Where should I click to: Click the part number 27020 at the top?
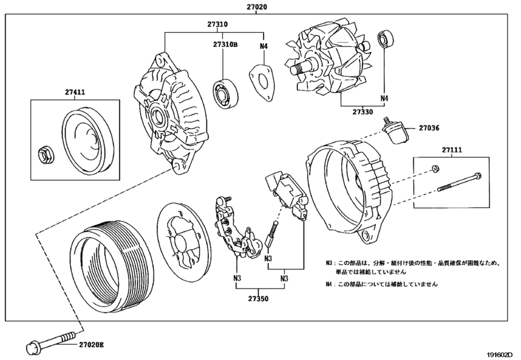click(256, 6)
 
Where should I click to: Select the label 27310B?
click(225, 44)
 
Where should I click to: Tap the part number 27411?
click(75, 92)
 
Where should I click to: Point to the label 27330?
click(362, 112)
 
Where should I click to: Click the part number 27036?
click(428, 128)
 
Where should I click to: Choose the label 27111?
click(452, 150)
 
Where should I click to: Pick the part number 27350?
click(258, 298)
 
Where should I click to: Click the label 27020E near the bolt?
click(91, 345)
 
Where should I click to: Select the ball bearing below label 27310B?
click(225, 93)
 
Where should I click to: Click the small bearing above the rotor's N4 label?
click(385, 39)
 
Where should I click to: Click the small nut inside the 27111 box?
click(435, 169)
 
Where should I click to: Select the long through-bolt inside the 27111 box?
click(459, 183)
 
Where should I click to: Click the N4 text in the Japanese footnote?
click(329, 284)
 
